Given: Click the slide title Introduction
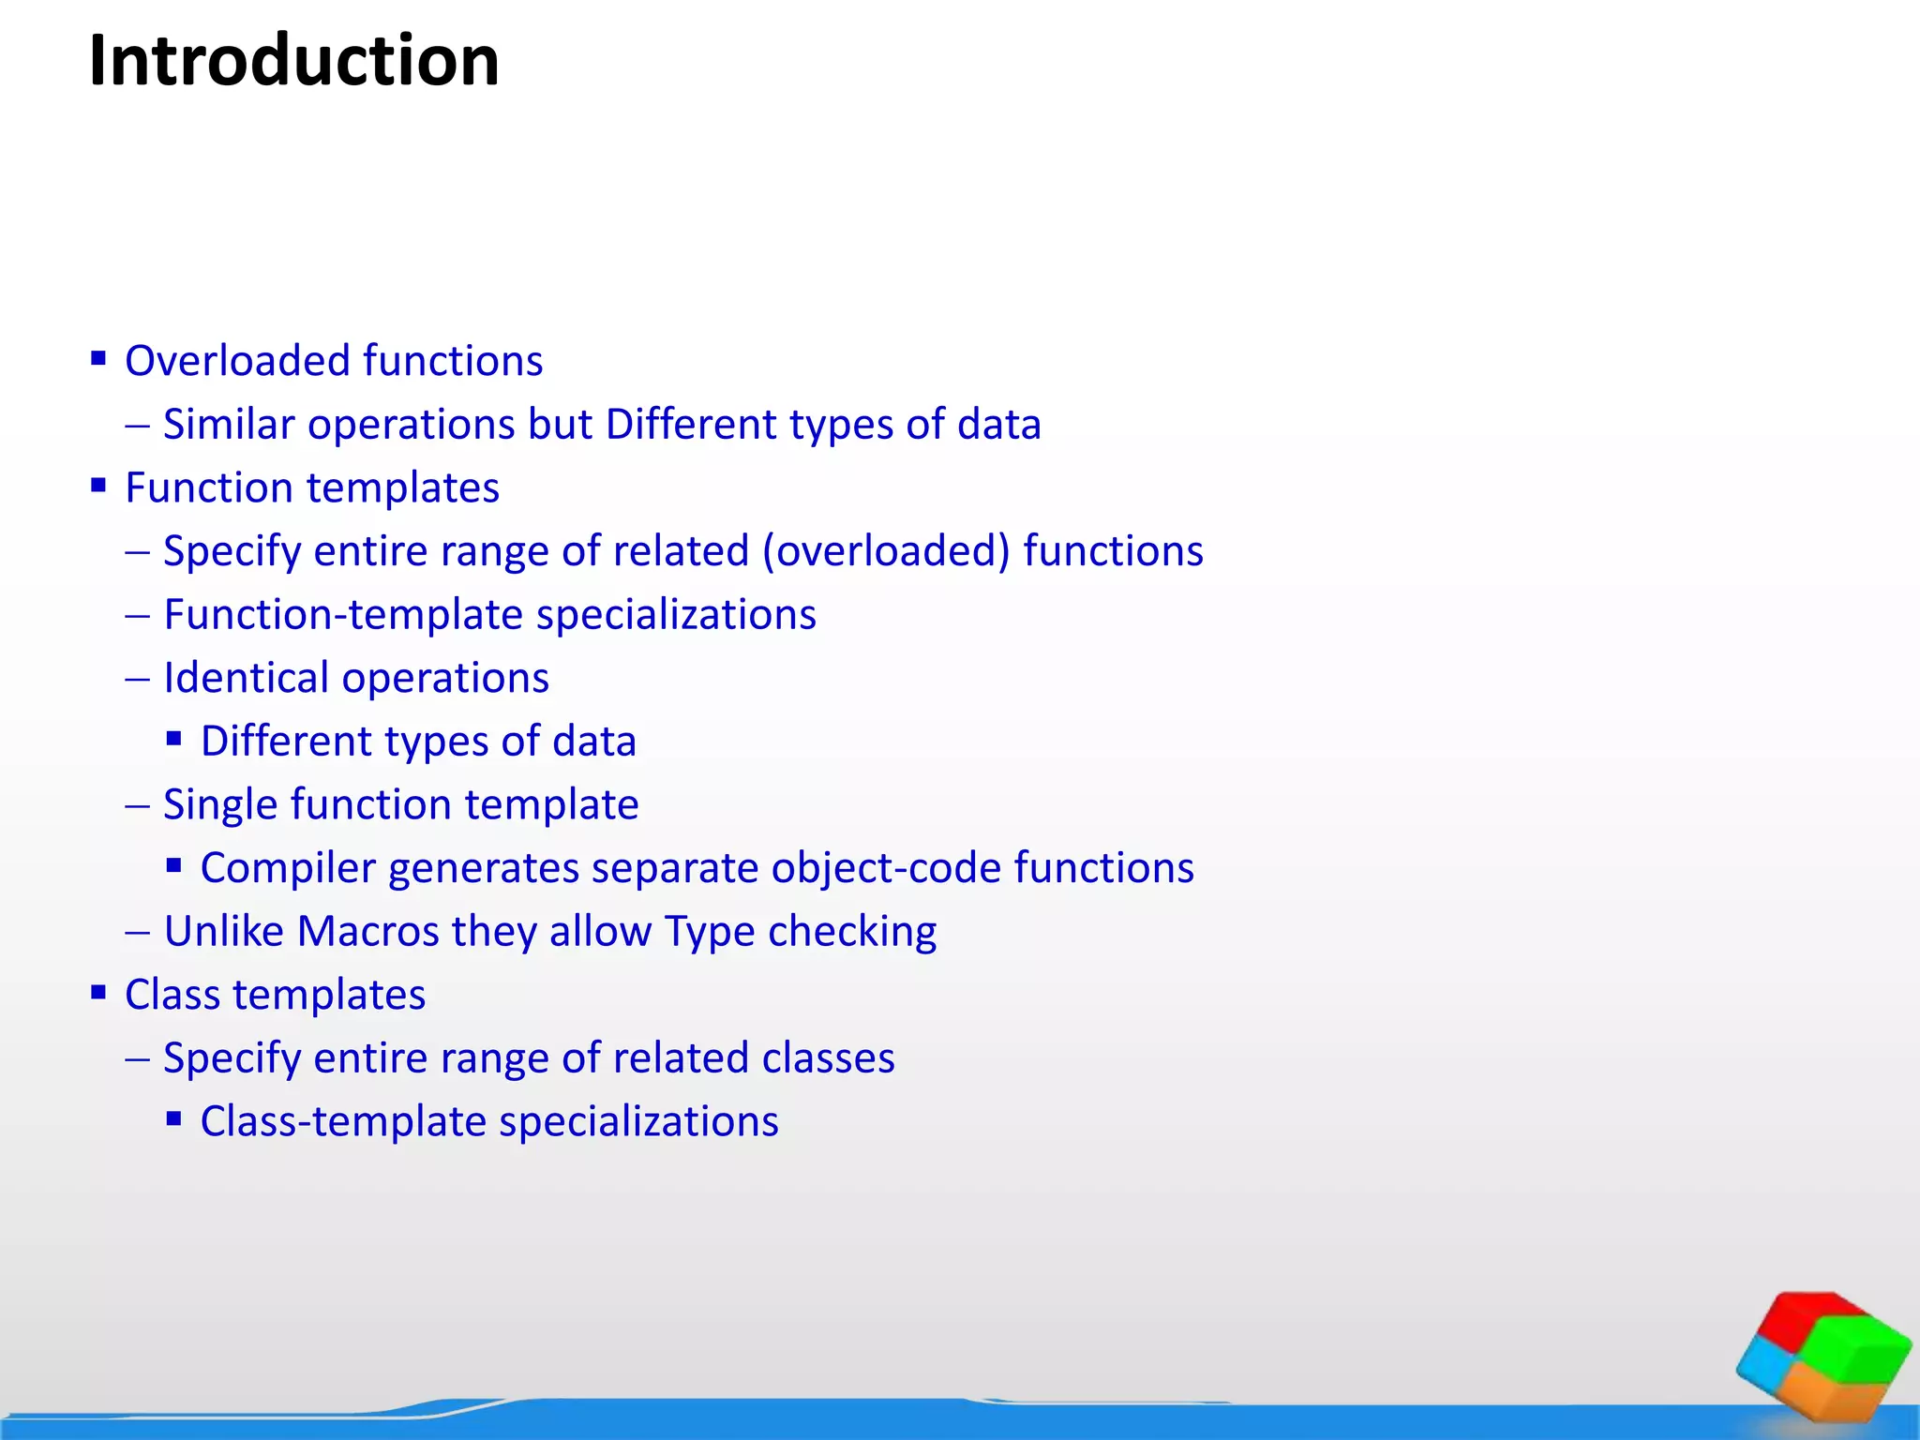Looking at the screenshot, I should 293,62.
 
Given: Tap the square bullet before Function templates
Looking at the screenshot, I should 98,485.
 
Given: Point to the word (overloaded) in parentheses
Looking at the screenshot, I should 886,551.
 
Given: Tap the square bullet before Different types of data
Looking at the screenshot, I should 173,739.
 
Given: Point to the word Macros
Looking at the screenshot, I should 367,932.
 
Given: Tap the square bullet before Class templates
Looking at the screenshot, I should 98,992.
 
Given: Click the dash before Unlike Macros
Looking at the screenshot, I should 138,933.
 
